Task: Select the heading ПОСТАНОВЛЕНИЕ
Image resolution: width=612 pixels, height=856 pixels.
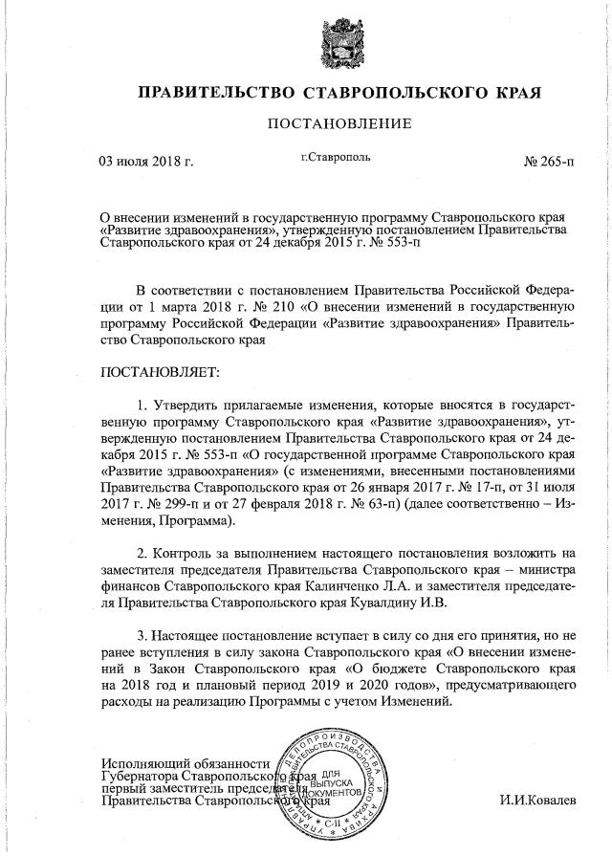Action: (x=339, y=123)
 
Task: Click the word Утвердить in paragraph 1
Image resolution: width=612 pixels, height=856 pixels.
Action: (x=193, y=406)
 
